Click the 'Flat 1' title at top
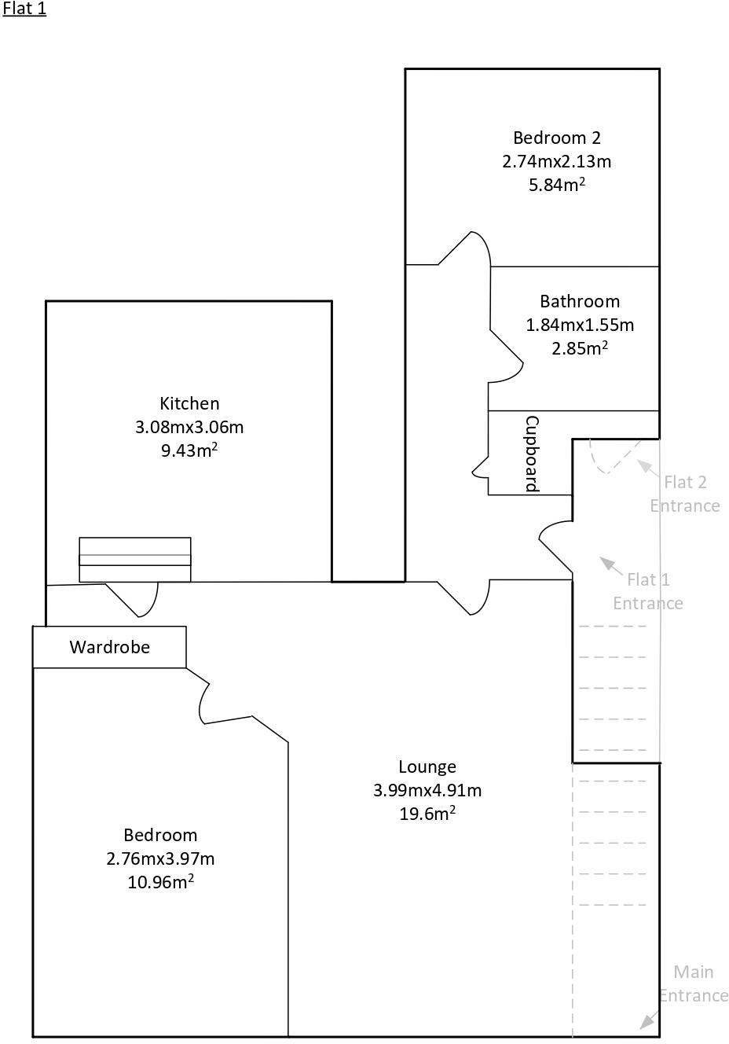click(x=24, y=9)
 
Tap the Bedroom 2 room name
click(x=556, y=138)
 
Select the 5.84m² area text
click(x=556, y=186)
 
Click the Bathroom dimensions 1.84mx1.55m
click(x=579, y=325)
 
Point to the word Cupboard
click(x=532, y=454)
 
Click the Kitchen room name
click(x=189, y=403)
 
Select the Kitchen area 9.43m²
click(x=189, y=451)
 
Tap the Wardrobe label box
click(x=109, y=647)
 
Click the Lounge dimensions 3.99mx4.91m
click(x=427, y=790)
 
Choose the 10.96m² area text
click(x=160, y=883)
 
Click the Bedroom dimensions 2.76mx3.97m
click(x=160, y=858)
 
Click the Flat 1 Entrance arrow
click(x=610, y=565)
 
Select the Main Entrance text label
click(x=693, y=983)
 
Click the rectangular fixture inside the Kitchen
click(x=135, y=560)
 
